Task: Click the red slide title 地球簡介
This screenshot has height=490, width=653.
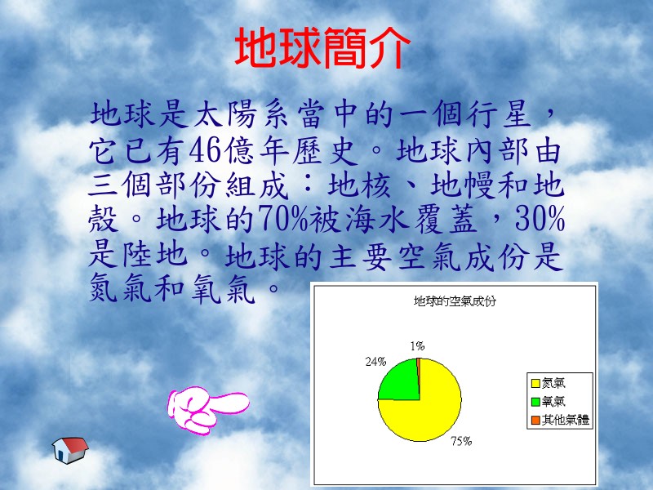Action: (322, 47)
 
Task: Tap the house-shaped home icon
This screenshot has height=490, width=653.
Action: (70, 450)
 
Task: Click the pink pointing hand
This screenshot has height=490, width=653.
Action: (208, 410)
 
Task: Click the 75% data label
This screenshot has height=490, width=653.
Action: (461, 441)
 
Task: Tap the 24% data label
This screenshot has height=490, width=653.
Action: (375, 362)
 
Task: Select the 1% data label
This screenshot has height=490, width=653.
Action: (417, 345)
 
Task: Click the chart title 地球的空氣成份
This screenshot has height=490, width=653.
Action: (455, 301)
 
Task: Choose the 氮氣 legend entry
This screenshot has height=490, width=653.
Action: (549, 383)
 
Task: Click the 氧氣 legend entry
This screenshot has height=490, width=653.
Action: (549, 401)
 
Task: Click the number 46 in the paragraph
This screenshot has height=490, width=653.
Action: (205, 150)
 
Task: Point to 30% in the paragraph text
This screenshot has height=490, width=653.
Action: (540, 218)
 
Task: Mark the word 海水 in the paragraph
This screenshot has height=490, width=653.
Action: (377, 219)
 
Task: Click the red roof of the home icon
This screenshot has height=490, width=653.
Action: (75, 443)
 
